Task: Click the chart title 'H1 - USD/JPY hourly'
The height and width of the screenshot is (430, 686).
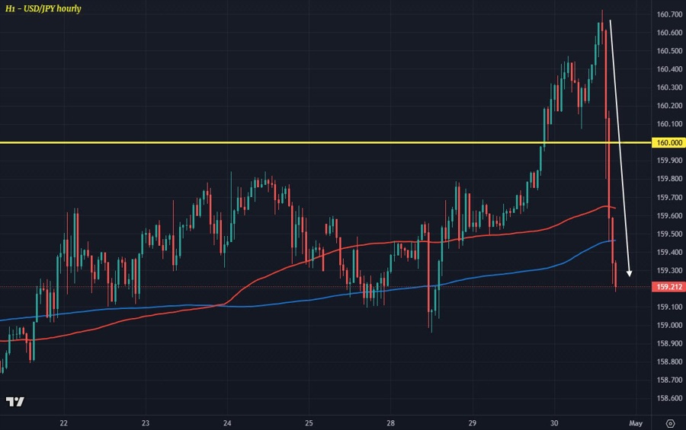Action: (43, 8)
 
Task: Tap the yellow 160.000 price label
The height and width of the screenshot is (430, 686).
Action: (668, 142)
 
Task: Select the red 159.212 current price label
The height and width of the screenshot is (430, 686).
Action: (668, 287)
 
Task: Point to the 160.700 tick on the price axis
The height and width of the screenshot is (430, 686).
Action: (668, 14)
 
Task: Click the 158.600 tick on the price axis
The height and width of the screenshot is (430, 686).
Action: (668, 398)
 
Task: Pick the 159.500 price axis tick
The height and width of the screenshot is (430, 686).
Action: (668, 234)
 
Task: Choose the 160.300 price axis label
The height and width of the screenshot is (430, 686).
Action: (668, 88)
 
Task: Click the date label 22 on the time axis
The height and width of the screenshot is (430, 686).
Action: (64, 422)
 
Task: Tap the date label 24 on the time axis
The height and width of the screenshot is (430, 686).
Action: (227, 422)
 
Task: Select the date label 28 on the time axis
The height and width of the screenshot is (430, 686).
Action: (391, 422)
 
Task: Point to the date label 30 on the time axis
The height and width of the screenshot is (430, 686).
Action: (554, 422)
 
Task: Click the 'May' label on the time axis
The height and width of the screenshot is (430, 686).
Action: (636, 422)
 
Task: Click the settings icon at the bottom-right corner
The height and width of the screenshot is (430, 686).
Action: (670, 422)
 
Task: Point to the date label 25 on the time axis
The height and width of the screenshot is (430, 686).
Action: (309, 422)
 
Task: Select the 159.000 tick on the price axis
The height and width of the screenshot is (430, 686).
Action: (668, 325)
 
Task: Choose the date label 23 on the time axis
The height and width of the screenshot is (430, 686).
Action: (146, 422)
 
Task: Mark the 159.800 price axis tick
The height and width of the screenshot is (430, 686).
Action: (668, 179)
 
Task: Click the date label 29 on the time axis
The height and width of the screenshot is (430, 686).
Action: (473, 422)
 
